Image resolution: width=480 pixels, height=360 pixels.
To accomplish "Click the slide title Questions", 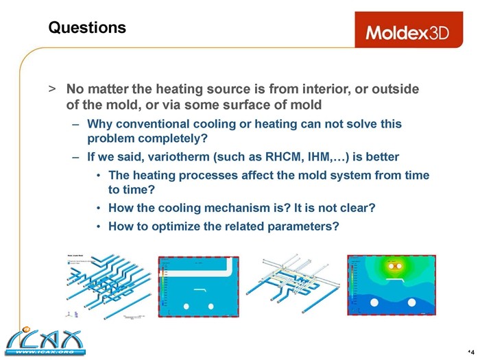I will pos(87,27).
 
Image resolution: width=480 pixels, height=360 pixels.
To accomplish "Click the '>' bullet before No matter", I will pos(51,90).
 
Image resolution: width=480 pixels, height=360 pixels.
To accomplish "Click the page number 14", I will pos(470,344).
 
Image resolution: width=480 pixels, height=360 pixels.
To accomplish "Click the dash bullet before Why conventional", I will pos(75,124).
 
